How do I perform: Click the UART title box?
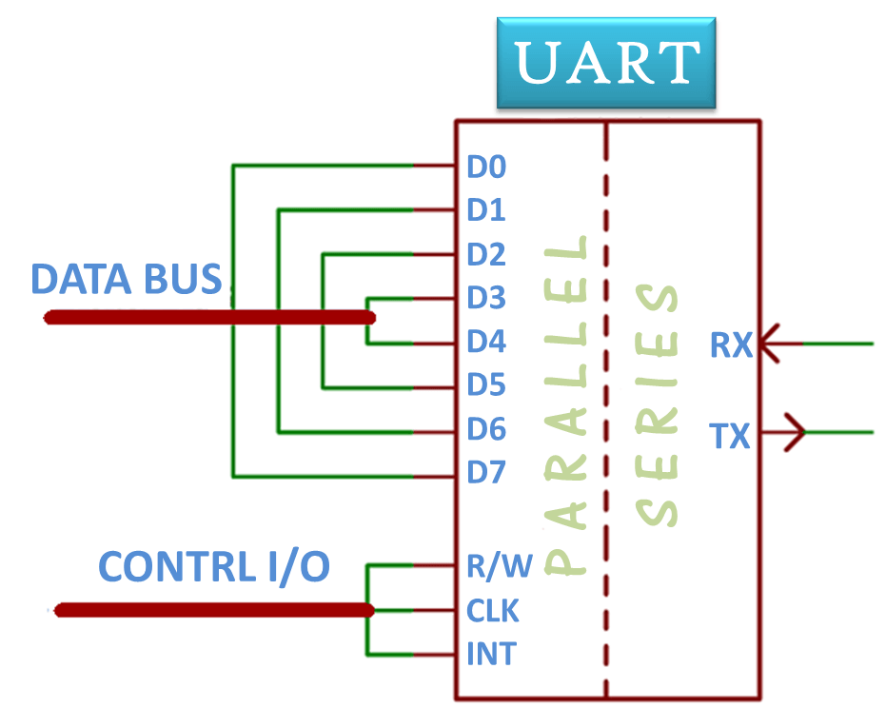tap(606, 62)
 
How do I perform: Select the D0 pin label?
tap(485, 167)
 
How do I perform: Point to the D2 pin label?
tap(486, 254)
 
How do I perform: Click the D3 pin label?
tap(486, 298)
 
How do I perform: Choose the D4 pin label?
tap(486, 341)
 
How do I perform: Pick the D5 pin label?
tap(486, 385)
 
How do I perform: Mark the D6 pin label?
tap(486, 429)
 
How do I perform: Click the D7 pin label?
tap(486, 472)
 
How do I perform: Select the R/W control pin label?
tap(500, 566)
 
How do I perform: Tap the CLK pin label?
tap(493, 610)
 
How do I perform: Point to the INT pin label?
tap(491, 654)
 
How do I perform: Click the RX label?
tap(730, 345)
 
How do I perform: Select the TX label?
tap(730, 437)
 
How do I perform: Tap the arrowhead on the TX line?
tap(796, 433)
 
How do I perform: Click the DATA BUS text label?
tap(127, 280)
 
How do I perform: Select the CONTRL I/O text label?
tap(214, 567)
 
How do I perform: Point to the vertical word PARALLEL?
tap(568, 404)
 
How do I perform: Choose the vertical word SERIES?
tap(657, 404)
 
